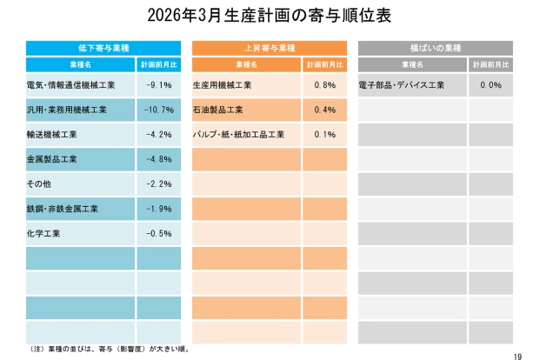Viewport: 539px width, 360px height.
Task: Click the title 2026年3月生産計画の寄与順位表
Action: (x=269, y=15)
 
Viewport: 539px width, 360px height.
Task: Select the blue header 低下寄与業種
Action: (x=103, y=47)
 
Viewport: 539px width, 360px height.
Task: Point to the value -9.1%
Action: (x=159, y=85)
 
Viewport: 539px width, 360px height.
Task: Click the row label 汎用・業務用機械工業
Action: (x=66, y=110)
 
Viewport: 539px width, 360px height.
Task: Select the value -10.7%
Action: (x=157, y=110)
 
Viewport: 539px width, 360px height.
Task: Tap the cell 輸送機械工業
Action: (x=52, y=135)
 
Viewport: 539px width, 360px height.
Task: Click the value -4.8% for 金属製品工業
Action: (x=159, y=159)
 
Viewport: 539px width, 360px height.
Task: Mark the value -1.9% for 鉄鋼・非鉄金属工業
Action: (x=159, y=209)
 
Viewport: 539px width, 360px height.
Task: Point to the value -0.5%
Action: (x=159, y=234)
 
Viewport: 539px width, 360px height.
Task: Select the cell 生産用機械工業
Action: (x=222, y=85)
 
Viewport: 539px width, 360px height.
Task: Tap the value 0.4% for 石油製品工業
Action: (x=324, y=110)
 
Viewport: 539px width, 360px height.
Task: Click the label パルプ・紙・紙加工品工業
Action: (x=238, y=135)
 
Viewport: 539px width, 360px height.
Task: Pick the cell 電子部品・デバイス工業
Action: (x=402, y=85)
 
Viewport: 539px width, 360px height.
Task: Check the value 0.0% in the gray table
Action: (x=490, y=85)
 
